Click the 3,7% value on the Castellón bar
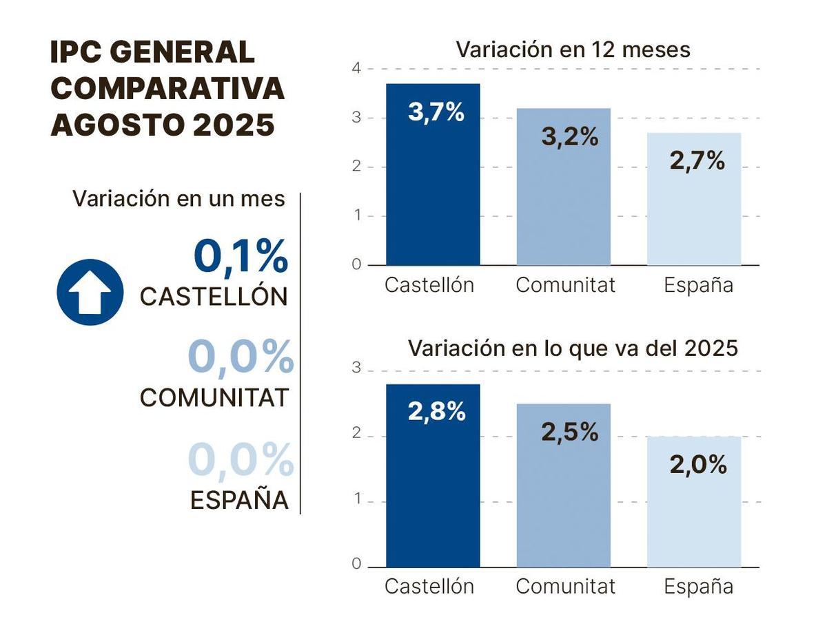click(x=436, y=112)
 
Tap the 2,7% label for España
click(x=697, y=161)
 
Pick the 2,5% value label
click(x=569, y=432)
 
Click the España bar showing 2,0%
click(x=694, y=516)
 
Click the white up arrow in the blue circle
click(x=90, y=293)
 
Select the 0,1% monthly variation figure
click(x=241, y=256)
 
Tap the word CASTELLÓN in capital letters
click(x=214, y=297)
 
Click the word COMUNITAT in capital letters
click(x=214, y=398)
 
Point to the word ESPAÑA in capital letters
click(x=238, y=500)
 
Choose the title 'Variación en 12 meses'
click(x=573, y=50)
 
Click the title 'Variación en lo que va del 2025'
click(x=573, y=348)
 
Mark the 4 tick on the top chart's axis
click(x=356, y=68)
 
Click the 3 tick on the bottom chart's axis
click(x=356, y=368)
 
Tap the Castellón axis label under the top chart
click(x=429, y=285)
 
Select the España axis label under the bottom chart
click(x=698, y=587)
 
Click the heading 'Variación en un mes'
click(x=178, y=198)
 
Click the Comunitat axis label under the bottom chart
click(x=565, y=587)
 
